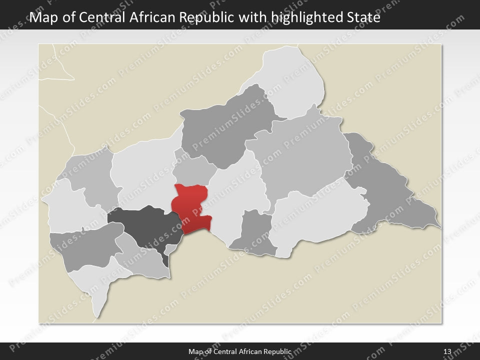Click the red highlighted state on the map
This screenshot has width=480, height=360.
pyautogui.click(x=191, y=207)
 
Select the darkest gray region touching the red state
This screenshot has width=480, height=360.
pyautogui.click(x=142, y=227)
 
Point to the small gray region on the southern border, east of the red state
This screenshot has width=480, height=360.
pyautogui.click(x=255, y=232)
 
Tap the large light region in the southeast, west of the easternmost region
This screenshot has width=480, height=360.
pyautogui.click(x=315, y=220)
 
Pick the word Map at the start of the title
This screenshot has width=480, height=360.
pyautogui.click(x=42, y=18)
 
